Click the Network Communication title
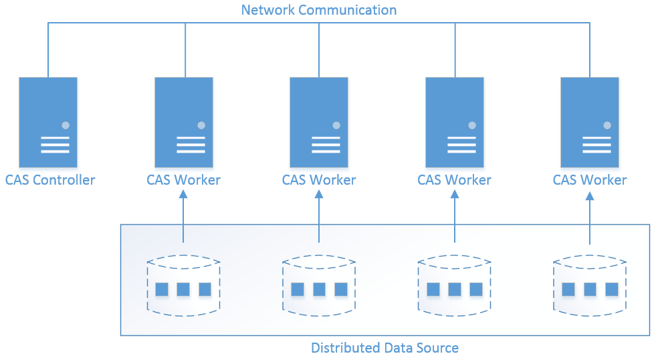(x=319, y=10)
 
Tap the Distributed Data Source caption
(x=385, y=348)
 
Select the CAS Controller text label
(x=50, y=180)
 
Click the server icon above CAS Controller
(x=48, y=122)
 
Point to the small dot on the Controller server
(x=66, y=125)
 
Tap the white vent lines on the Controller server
(x=55, y=145)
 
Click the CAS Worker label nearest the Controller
(x=183, y=180)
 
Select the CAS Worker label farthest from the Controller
(x=590, y=180)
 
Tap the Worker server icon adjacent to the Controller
(x=184, y=122)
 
